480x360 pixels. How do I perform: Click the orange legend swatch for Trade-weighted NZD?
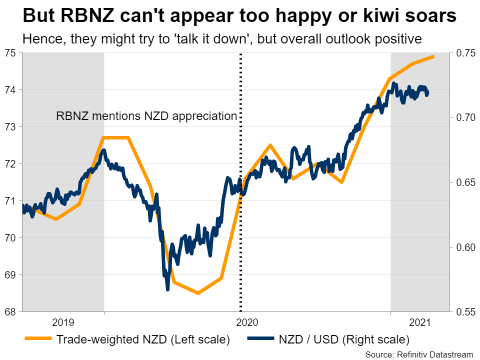pos(38,339)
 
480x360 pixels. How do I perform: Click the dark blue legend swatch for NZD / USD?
pos(260,339)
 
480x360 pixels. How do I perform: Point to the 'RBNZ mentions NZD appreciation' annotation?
pos(146,116)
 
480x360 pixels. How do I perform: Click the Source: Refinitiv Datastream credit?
pos(419,354)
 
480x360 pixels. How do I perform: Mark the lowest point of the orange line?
pos(198,293)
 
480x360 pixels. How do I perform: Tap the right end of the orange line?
pos(433,56)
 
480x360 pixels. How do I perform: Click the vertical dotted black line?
pos(241,225)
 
